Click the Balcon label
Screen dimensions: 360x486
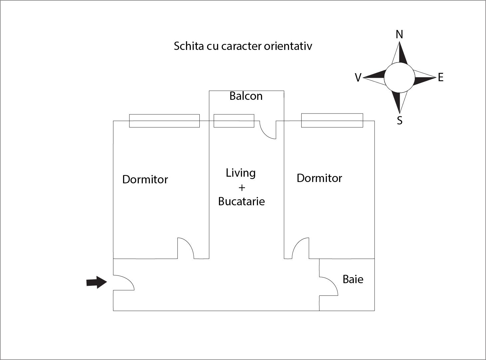coord(246,96)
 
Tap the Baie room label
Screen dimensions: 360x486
coord(353,279)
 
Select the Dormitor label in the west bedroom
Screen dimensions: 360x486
coord(145,180)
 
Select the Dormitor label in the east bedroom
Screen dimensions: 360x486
coord(319,178)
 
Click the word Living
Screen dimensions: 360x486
coord(241,173)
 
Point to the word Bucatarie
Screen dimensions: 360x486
coord(241,201)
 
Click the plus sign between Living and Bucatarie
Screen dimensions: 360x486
coord(242,188)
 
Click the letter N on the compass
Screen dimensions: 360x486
coord(399,34)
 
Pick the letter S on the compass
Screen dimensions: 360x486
coord(400,120)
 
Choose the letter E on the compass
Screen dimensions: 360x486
coord(441,78)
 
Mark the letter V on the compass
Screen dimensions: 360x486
coord(358,78)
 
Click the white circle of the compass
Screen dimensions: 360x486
coord(399,78)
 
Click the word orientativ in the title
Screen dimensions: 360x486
coord(288,46)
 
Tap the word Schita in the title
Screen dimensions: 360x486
coord(188,46)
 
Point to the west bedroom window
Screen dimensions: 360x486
coord(164,121)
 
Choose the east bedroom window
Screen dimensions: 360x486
coord(332,120)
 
